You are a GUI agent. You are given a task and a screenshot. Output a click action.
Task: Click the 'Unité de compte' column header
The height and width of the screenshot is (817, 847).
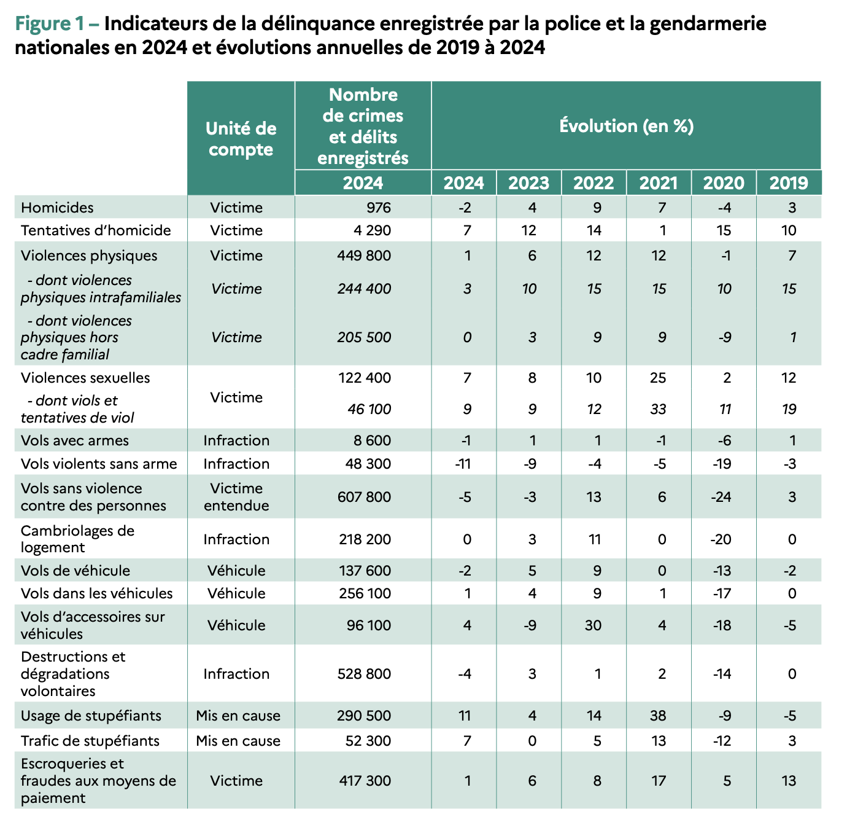(x=241, y=139)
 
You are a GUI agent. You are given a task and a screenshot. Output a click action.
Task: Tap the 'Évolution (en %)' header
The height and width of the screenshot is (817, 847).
(x=626, y=126)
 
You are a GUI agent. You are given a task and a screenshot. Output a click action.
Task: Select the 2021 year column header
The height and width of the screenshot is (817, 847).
(x=658, y=182)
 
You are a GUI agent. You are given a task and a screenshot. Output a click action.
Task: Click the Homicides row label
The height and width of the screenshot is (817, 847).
(x=57, y=208)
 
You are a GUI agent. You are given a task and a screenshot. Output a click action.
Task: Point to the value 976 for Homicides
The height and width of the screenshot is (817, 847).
(x=378, y=208)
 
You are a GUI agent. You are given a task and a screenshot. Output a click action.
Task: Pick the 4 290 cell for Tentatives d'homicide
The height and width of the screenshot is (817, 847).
(x=372, y=230)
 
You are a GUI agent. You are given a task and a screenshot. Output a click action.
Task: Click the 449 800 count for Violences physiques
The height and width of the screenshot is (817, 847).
(x=364, y=256)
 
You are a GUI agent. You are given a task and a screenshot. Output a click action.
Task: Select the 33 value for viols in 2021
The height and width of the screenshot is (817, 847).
(x=658, y=408)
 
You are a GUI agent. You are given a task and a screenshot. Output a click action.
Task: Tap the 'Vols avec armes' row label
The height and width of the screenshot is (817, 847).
(x=74, y=440)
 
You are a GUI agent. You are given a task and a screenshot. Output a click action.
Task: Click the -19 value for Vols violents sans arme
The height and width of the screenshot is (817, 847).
(x=722, y=463)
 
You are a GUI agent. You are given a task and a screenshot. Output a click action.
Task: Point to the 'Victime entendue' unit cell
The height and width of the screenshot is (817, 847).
(x=236, y=497)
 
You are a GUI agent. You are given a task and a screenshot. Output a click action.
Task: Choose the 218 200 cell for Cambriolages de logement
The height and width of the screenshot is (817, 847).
(x=365, y=539)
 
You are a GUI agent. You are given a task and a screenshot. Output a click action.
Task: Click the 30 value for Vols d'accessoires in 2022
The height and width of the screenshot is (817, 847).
(x=593, y=625)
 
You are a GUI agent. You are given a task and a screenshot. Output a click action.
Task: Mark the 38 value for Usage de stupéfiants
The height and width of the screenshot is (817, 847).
(x=658, y=716)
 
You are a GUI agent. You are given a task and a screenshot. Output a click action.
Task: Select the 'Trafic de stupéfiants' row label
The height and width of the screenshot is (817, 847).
(x=90, y=741)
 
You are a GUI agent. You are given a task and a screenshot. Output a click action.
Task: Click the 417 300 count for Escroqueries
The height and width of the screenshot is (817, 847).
(x=365, y=780)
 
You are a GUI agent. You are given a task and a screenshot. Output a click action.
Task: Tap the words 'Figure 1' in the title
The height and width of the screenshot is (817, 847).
(x=48, y=23)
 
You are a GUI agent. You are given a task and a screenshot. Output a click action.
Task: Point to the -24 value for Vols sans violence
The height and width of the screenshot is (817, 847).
(x=721, y=497)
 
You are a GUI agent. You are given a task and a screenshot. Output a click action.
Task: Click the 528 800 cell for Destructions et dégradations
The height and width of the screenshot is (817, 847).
(x=364, y=674)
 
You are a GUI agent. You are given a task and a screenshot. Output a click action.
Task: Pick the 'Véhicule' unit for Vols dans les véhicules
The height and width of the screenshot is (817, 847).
(x=236, y=593)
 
